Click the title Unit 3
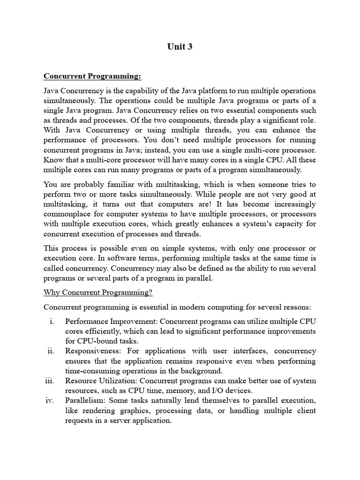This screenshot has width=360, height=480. point(180,47)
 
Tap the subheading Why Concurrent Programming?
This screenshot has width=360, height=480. point(98,293)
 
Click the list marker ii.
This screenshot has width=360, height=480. point(51,351)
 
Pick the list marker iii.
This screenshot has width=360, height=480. point(50,381)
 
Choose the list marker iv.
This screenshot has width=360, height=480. point(51,401)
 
